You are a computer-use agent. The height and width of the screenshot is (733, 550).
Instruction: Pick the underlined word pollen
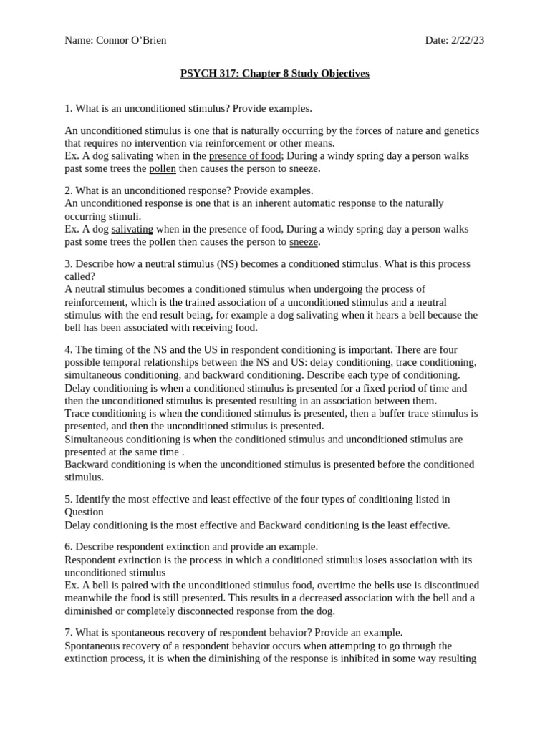(x=163, y=168)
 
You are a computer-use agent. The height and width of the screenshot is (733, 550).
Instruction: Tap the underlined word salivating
(x=132, y=229)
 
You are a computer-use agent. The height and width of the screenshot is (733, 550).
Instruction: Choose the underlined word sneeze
(x=304, y=242)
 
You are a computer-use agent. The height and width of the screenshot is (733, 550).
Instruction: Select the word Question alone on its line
(x=85, y=512)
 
